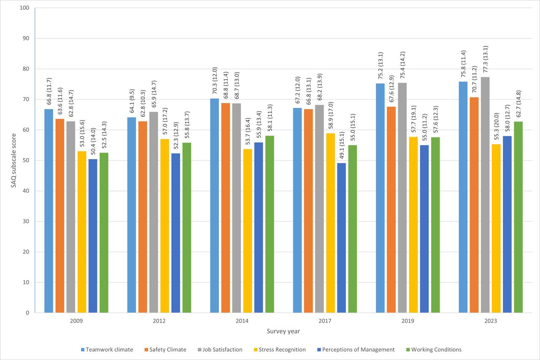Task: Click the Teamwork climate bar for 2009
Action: tap(49, 211)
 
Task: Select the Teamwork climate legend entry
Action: tap(107, 349)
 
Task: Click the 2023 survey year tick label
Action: tap(490, 321)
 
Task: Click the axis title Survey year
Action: tap(283, 331)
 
